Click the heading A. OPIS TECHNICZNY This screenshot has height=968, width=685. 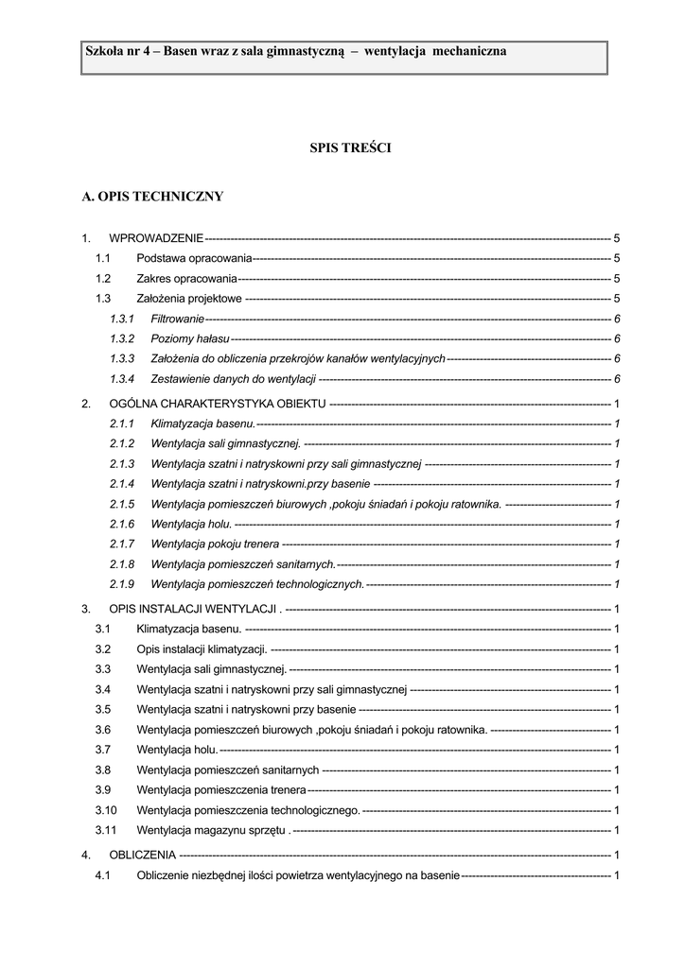coord(153,197)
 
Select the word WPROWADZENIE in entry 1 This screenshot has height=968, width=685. coord(156,238)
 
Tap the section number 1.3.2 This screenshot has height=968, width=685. coord(122,338)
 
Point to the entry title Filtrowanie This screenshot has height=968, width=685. coord(177,319)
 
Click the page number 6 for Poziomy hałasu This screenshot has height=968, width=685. coord(617,338)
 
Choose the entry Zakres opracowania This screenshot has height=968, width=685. coord(186,279)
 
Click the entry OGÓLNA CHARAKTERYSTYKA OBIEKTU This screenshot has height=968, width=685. coord(218,404)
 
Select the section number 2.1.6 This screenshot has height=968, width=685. coord(122,524)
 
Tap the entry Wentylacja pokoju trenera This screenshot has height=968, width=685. coord(215,544)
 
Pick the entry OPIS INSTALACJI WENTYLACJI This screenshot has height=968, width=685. coord(193,609)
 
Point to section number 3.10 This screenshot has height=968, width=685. coord(106,810)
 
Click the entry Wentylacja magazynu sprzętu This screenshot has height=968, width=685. coord(212,831)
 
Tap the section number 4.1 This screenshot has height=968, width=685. coord(103,875)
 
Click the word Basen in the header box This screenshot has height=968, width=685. coord(180,51)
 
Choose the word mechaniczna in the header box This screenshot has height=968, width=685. coord(469,51)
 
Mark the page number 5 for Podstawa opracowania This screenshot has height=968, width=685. coord(617,258)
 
